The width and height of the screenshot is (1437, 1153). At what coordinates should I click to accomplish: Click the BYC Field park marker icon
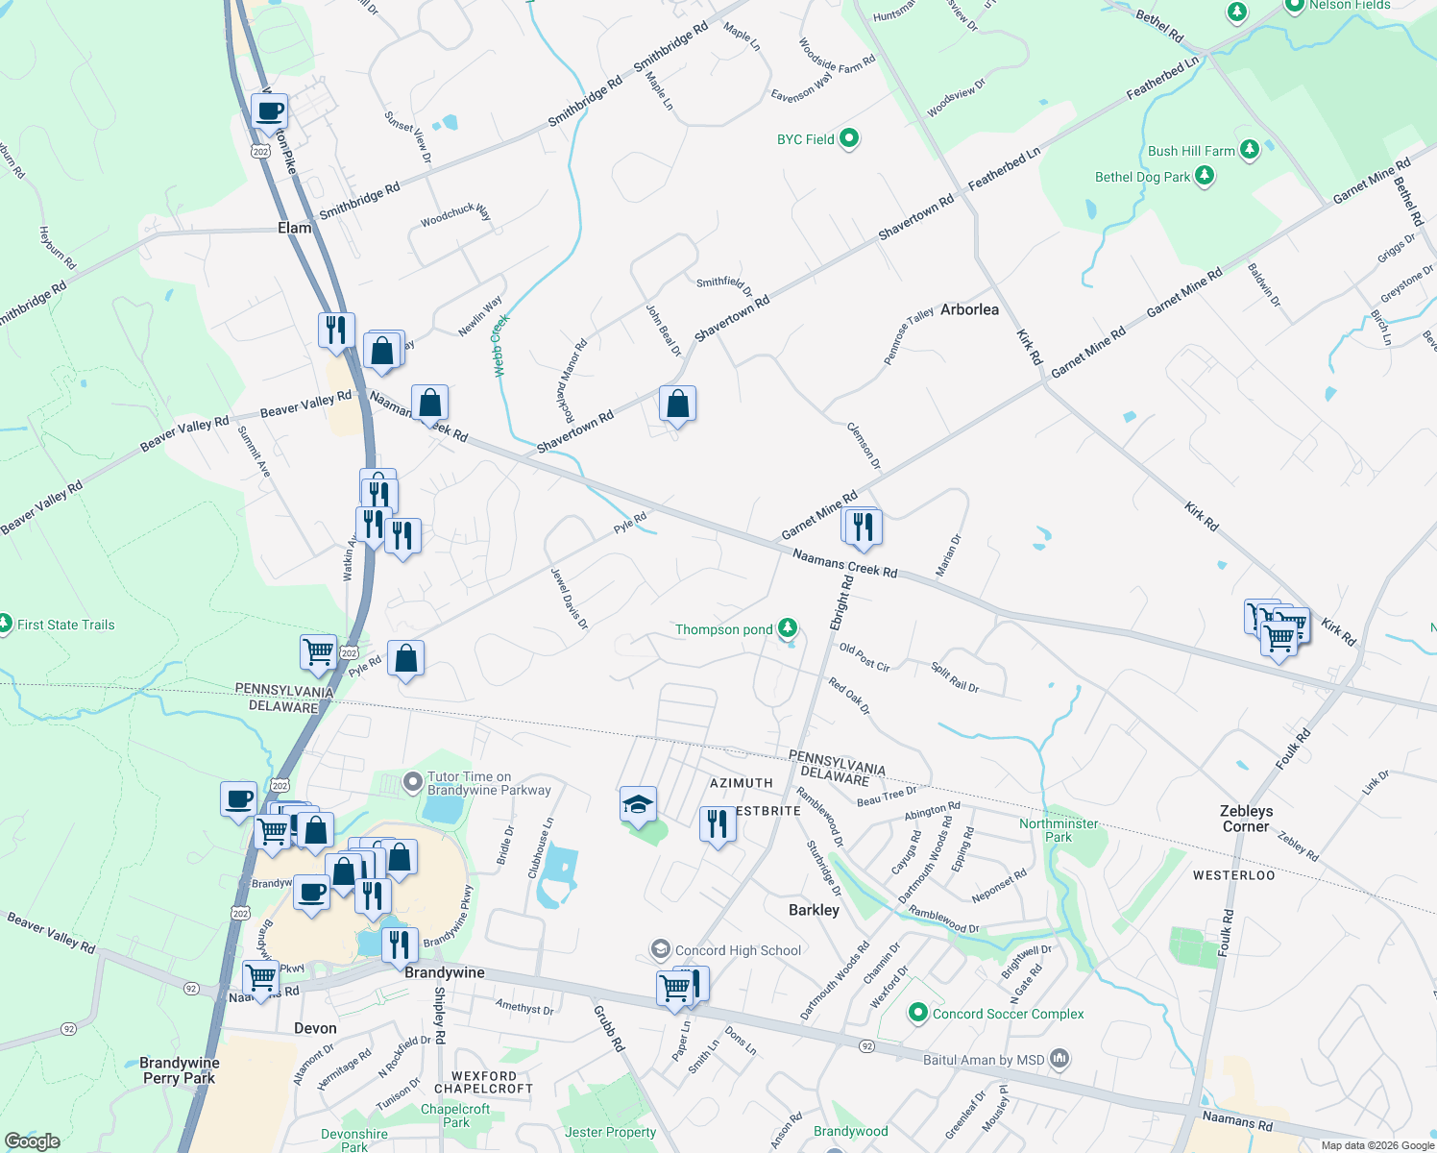click(849, 138)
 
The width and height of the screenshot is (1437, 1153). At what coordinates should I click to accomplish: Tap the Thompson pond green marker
click(788, 628)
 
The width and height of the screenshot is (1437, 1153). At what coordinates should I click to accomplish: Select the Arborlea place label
click(969, 309)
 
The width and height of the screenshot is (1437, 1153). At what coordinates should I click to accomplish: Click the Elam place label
click(294, 228)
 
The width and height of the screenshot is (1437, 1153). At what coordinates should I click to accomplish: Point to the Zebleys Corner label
click(1246, 819)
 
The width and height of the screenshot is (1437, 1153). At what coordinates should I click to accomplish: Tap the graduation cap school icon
click(638, 805)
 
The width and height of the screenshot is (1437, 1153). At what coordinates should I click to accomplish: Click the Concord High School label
click(738, 950)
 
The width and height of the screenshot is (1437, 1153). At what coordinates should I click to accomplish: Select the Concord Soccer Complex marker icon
click(918, 1013)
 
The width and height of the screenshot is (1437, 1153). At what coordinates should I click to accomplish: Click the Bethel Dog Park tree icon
click(1205, 176)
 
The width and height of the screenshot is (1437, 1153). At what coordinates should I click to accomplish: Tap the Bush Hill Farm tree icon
click(1250, 149)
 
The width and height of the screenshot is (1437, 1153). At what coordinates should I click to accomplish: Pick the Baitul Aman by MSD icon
click(1059, 1059)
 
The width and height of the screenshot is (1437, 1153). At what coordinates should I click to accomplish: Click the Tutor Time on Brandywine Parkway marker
click(413, 782)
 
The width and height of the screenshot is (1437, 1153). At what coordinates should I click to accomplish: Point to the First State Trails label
click(65, 625)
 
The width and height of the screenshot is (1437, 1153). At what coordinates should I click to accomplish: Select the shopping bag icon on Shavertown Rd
click(677, 405)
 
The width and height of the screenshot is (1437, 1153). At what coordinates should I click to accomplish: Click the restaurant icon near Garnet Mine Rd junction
click(862, 527)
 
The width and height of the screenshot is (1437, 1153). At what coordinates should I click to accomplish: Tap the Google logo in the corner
click(32, 1141)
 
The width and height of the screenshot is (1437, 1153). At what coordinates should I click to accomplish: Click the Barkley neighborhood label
click(814, 910)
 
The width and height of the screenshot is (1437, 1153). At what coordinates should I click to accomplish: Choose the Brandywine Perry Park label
click(180, 1070)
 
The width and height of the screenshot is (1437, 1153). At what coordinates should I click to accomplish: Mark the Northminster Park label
click(1059, 830)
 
